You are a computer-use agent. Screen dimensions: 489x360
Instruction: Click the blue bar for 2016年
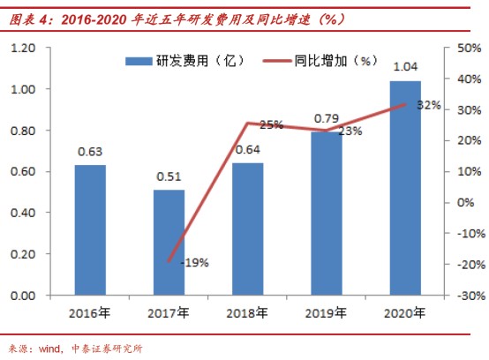point(90,230)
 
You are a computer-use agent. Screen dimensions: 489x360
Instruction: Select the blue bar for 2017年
point(169,243)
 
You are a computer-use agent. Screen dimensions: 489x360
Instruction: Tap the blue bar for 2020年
point(405,188)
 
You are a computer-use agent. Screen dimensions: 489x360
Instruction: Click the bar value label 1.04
point(405,67)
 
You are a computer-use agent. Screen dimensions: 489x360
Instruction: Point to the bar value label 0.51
point(169,176)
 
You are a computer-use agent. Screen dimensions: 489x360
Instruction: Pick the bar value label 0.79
point(327,118)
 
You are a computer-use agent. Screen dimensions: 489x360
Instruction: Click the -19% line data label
point(195,263)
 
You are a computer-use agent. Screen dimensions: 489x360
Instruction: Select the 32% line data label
point(429,105)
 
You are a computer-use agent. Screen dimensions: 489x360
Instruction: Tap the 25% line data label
point(272,125)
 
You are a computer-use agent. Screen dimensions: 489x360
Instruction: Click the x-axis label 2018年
point(247,313)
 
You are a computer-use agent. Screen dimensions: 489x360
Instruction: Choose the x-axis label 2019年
point(327,313)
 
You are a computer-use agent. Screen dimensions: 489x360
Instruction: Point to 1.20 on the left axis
point(23,48)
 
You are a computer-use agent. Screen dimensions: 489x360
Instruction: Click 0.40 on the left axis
point(23,213)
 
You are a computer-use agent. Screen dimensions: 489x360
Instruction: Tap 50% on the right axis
point(470,48)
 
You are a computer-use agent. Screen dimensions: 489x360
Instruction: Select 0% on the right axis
point(466,203)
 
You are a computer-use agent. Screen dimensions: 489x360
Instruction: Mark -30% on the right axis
point(471,296)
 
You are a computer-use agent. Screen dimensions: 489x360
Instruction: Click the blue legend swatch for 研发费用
point(139,61)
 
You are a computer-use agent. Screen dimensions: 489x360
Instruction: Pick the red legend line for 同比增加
point(277,61)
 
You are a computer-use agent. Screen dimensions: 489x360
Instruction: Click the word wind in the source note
point(49,349)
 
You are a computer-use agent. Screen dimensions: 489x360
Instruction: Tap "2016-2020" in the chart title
point(94,20)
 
